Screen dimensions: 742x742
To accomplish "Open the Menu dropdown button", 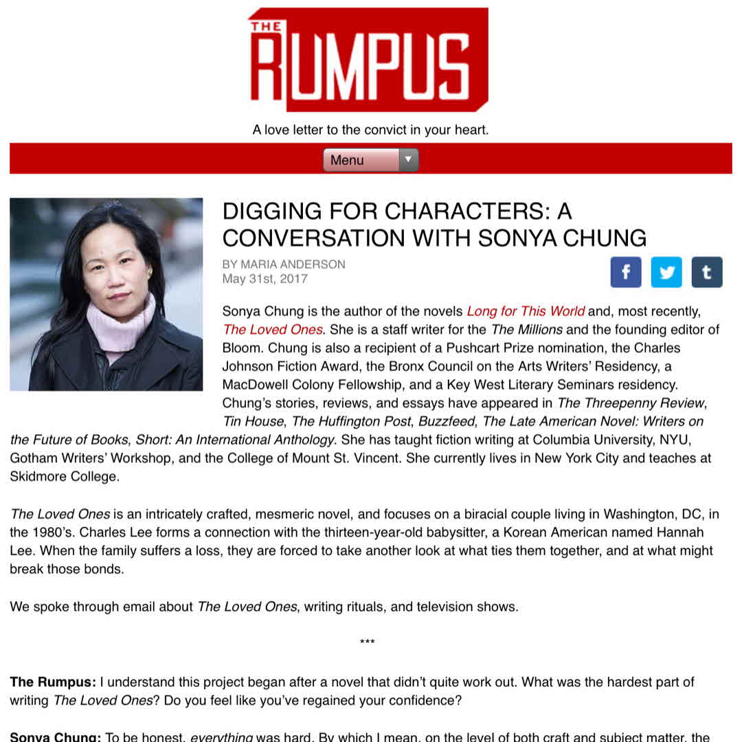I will click(370, 160).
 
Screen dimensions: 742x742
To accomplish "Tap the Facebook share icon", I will click(625, 272).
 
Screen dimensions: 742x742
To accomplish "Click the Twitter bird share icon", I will click(666, 272).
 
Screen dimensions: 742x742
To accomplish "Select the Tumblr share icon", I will click(706, 272).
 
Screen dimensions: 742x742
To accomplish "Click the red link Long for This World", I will click(526, 311).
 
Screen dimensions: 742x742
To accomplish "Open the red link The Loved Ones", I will click(272, 330).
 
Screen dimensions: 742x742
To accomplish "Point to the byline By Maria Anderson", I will click(283, 265).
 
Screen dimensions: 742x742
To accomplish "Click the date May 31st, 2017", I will click(265, 279).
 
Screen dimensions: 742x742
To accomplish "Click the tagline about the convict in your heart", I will click(370, 129).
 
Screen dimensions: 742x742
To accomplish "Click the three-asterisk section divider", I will click(367, 642).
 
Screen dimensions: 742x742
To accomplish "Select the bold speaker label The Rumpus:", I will click(52, 682).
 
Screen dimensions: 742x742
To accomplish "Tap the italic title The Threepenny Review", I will click(630, 403).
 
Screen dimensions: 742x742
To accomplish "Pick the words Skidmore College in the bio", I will click(64, 476).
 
